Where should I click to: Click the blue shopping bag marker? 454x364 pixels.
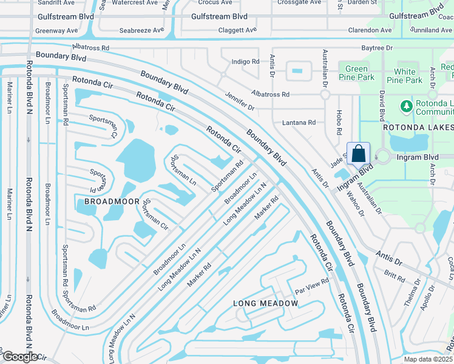click(359, 153)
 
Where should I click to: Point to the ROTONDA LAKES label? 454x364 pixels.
click(418, 127)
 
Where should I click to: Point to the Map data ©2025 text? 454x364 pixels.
click(429, 359)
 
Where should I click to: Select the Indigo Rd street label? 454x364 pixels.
click(245, 62)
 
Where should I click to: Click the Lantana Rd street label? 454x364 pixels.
click(299, 123)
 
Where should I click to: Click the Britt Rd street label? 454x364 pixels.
click(395, 277)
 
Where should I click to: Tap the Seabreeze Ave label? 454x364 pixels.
click(142, 30)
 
